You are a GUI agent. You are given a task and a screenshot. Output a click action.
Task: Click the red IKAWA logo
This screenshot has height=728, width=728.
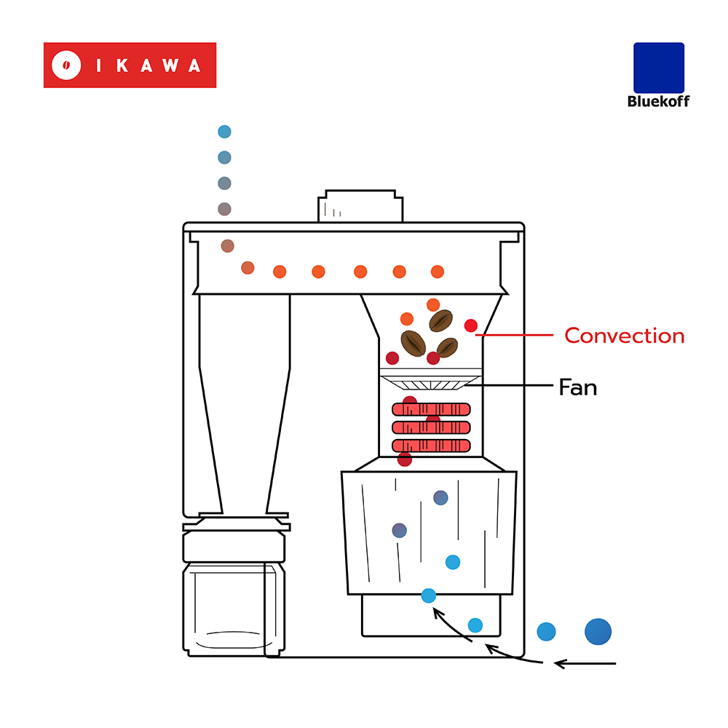(x=130, y=65)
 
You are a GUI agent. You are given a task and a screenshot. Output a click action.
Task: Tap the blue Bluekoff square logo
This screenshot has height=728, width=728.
(x=659, y=68)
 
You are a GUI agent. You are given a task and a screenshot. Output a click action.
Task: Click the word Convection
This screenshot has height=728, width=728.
(x=625, y=336)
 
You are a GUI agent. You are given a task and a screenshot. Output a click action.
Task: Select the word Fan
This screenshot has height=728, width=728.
(x=577, y=387)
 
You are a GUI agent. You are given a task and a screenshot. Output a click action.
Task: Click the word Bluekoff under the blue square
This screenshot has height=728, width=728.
(x=658, y=101)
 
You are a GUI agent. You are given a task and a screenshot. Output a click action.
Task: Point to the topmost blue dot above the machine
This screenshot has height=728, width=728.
(x=224, y=132)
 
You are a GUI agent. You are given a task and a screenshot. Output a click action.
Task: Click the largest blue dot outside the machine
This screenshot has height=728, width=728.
(x=598, y=631)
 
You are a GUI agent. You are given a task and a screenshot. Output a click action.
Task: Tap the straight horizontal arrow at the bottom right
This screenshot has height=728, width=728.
(x=585, y=663)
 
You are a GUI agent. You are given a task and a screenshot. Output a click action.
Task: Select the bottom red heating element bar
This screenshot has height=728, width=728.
(x=431, y=445)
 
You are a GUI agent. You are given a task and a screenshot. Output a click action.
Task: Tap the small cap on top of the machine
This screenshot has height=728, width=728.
(x=360, y=206)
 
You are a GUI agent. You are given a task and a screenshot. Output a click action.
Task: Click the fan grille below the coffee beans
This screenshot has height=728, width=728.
(x=430, y=381)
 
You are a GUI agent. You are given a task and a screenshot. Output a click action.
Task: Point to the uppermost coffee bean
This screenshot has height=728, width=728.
(x=440, y=320)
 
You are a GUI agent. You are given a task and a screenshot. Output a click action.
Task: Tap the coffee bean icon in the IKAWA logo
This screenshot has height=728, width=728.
(x=66, y=65)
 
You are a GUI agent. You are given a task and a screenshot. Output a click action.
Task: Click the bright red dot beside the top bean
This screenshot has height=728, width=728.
(x=471, y=325)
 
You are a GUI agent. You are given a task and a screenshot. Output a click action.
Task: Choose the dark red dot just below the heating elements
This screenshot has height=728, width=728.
(x=405, y=459)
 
